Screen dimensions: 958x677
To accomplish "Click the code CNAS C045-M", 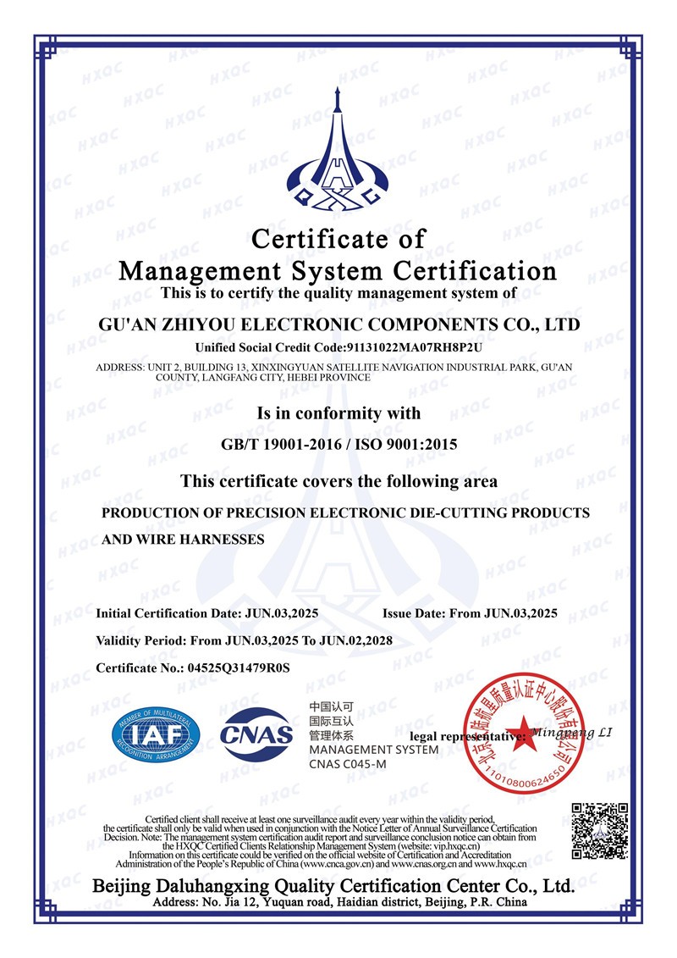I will (x=347, y=765).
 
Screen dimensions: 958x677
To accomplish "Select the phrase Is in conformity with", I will (x=338, y=414).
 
